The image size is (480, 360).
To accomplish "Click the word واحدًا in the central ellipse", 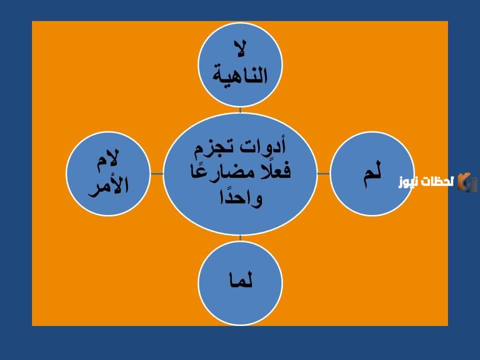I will click(x=240, y=198).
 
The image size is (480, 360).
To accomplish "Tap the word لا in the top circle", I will click(x=240, y=51).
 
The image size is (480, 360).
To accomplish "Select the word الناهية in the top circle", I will click(x=240, y=76).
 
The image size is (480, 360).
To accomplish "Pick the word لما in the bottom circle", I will click(x=240, y=281).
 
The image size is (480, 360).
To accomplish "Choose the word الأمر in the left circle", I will click(x=108, y=185).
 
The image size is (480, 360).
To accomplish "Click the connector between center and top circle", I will click(x=240, y=110).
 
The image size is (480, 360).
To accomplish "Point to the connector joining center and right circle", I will click(x=323, y=173).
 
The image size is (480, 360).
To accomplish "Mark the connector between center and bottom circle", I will click(x=240, y=238).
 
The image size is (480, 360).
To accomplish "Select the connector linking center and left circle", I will click(x=157, y=173).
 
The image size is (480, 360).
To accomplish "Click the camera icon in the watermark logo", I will click(x=468, y=182).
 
